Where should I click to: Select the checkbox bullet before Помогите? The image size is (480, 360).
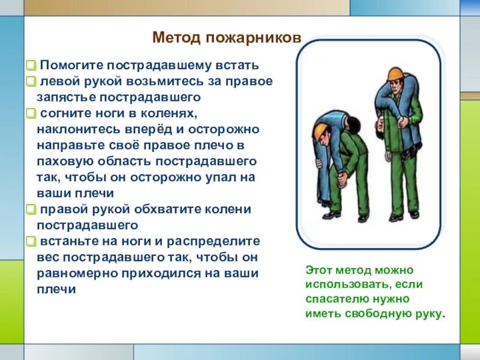tap(31, 65)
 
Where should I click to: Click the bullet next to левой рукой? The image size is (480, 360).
tap(31, 82)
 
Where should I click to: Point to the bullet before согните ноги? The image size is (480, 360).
tap(31, 113)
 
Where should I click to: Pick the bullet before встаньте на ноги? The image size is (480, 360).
tap(31, 241)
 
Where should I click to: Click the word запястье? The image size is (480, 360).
tap(66, 97)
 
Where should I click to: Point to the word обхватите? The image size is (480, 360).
tap(167, 209)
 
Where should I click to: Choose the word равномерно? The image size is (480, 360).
tap(77, 274)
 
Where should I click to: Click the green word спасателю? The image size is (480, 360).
tap(337, 299)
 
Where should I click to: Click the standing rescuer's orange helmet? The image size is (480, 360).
tap(395, 74)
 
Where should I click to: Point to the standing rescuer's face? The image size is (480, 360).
tap(396, 88)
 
